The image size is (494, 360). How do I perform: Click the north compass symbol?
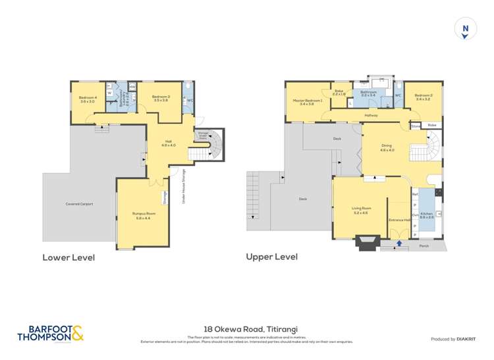(x=466, y=28)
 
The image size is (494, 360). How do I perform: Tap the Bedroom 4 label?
(x=88, y=99)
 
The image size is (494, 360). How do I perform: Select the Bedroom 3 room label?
(x=161, y=99)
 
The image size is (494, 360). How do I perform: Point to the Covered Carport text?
(x=79, y=204)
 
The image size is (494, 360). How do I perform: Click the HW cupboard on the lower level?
(x=132, y=87)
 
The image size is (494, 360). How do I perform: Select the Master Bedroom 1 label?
(x=308, y=101)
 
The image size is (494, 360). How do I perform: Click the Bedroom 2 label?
(x=423, y=99)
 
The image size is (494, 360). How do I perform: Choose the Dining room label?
(x=387, y=148)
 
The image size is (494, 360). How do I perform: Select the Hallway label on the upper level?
(x=371, y=115)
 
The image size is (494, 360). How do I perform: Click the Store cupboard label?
(x=416, y=125)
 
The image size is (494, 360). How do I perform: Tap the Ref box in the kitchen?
(x=415, y=194)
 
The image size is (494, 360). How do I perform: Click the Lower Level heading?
(x=69, y=257)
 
